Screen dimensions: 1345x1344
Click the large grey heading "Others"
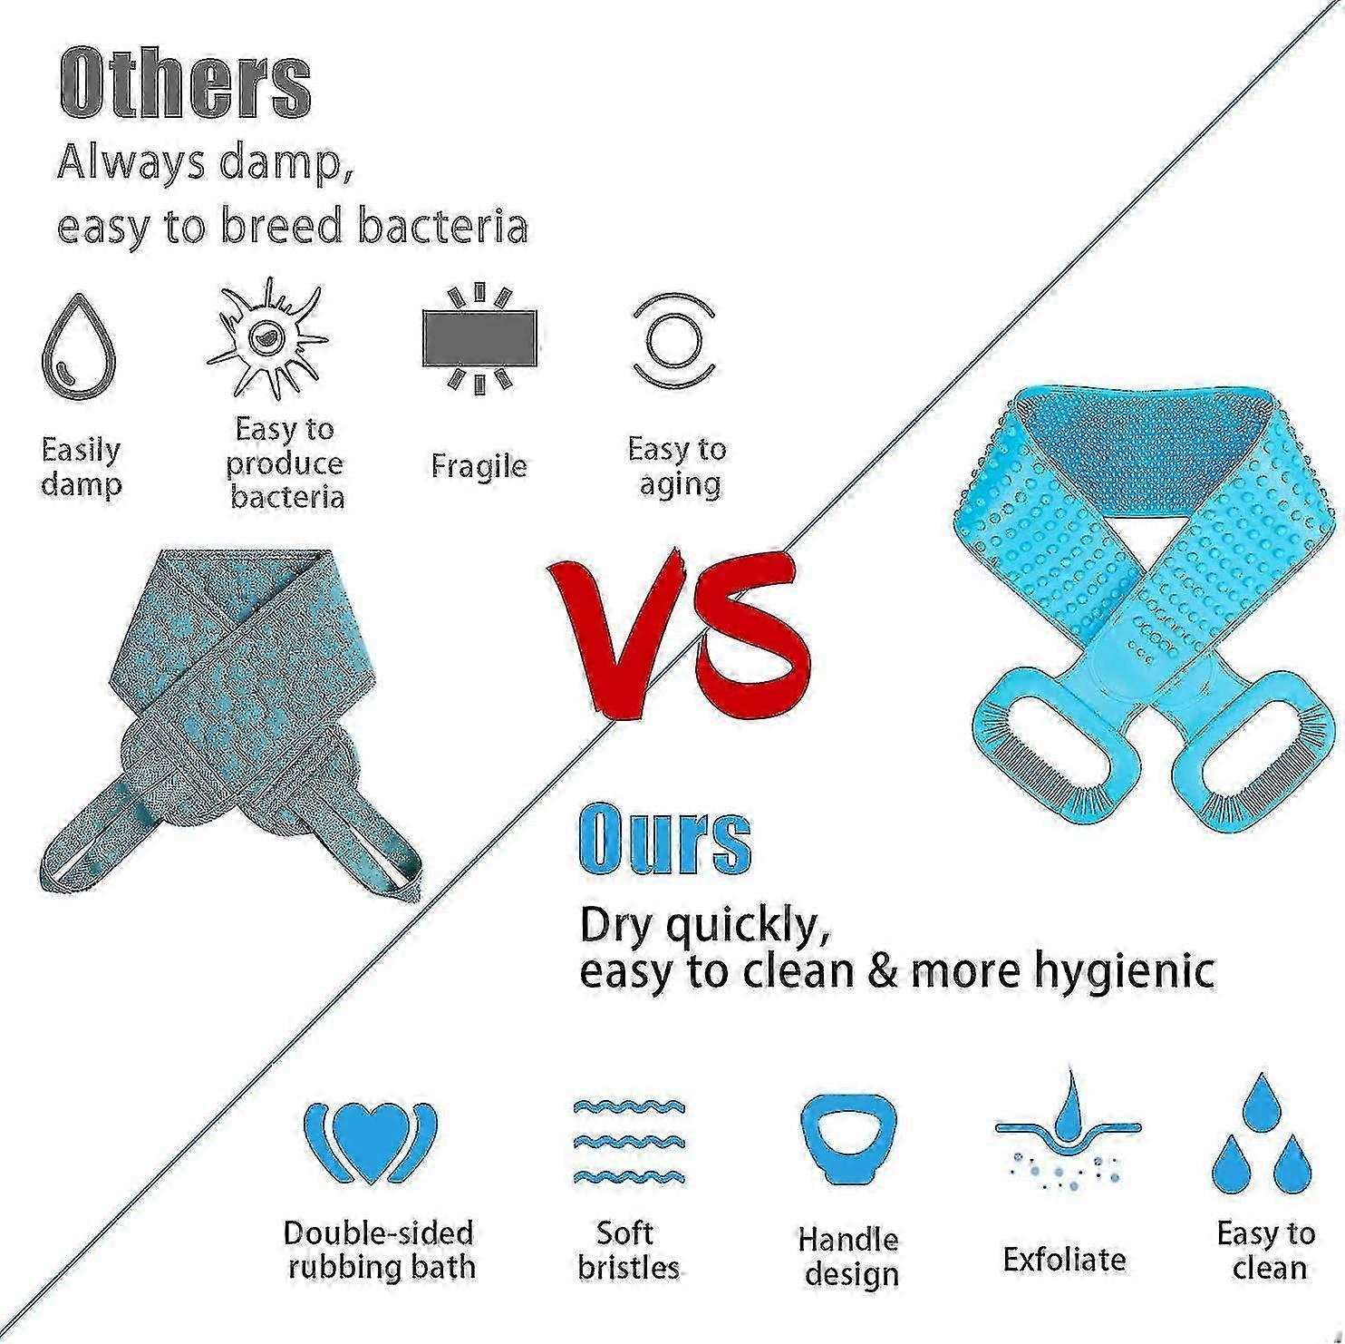[186, 83]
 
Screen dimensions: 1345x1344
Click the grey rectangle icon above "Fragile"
[479, 338]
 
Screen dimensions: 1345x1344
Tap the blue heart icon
[370, 1144]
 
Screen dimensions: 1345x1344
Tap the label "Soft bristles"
[628, 1250]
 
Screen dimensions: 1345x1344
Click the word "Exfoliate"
[1065, 1259]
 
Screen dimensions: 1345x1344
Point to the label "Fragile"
[479, 466]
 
